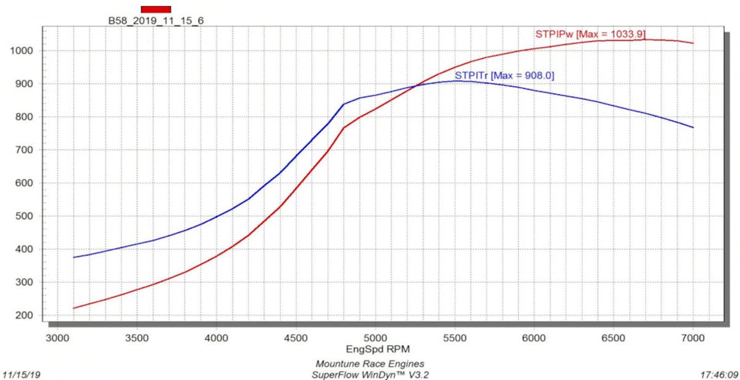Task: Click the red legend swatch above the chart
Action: click(x=155, y=9)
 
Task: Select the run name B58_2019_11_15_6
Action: click(x=155, y=20)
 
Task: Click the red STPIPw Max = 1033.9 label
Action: click(x=590, y=35)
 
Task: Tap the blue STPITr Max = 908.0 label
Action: click(x=504, y=75)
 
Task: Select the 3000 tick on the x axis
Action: click(x=57, y=338)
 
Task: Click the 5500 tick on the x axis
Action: click(x=454, y=338)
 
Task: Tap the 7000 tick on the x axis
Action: click(x=693, y=338)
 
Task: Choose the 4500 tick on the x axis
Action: click(x=295, y=338)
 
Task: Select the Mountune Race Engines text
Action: click(x=370, y=363)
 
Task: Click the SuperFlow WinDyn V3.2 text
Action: click(x=370, y=374)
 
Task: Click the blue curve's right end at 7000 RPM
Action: click(x=693, y=128)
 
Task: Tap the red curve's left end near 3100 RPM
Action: click(x=73, y=308)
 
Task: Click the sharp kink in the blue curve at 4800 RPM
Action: click(x=343, y=104)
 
